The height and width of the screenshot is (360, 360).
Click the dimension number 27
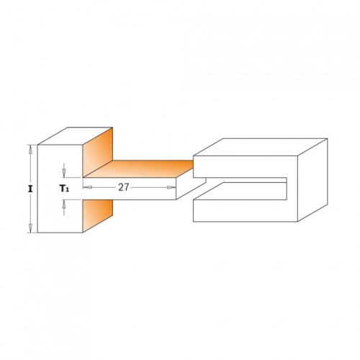124,187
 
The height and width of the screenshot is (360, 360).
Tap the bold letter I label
30,189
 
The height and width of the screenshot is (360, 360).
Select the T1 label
64,189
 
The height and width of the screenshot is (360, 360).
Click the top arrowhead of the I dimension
30,149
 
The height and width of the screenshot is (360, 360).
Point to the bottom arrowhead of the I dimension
30,228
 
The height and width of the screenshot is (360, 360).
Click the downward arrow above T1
64,171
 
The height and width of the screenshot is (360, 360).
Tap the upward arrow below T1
64,207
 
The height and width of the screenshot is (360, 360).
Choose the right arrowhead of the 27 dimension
171,187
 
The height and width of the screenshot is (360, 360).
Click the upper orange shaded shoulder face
98,153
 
